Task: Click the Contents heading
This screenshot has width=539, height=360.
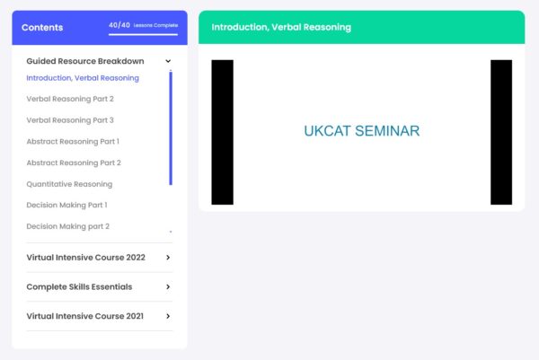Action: [x=42, y=28]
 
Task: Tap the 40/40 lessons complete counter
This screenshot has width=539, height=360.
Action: [x=144, y=25]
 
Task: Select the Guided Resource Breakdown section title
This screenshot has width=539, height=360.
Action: [x=85, y=61]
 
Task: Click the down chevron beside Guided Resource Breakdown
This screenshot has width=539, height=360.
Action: [x=168, y=61]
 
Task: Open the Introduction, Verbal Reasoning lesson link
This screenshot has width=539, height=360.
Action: [x=83, y=78]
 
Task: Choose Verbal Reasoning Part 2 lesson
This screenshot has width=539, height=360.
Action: [x=70, y=99]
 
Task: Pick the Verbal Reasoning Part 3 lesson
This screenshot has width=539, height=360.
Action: [x=70, y=120]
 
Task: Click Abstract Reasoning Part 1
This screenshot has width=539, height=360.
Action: [x=73, y=142]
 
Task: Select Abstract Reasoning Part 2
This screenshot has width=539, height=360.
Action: [x=74, y=162]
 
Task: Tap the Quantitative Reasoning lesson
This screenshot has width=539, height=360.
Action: [x=69, y=184]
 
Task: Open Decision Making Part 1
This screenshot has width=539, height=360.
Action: [x=66, y=205]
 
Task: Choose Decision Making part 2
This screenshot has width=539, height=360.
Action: [x=67, y=226]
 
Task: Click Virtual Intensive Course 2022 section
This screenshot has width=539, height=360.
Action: [x=86, y=258]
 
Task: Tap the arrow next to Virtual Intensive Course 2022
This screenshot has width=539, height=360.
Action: [x=168, y=258]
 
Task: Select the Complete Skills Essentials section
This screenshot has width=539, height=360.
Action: [x=79, y=286]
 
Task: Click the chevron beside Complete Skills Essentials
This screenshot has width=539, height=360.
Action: [x=168, y=286]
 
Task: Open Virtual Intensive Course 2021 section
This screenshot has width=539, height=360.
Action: [x=85, y=316]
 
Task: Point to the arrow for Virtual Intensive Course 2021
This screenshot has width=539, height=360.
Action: [x=168, y=316]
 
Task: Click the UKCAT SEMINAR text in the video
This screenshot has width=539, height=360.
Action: [x=362, y=131]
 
